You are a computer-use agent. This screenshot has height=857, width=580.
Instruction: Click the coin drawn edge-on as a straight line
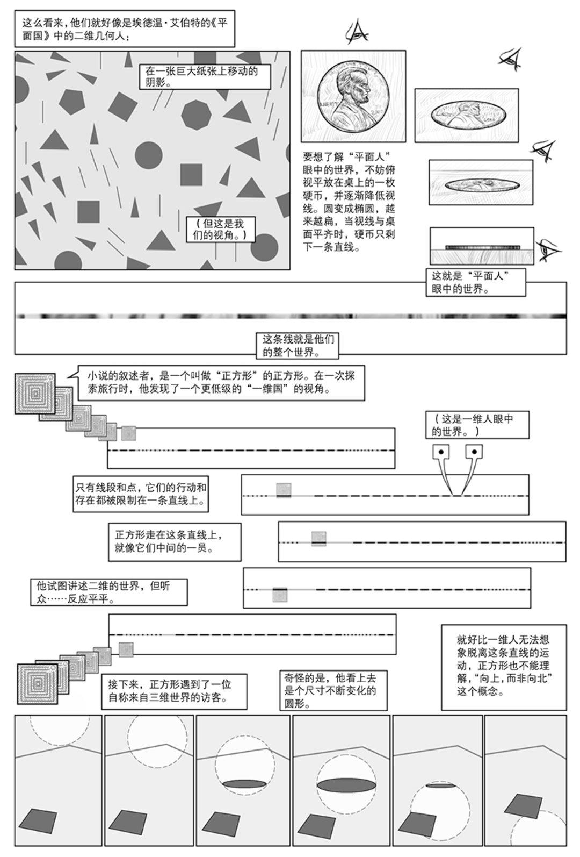tap(482, 247)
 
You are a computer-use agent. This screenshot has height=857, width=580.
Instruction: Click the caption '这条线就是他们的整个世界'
tap(298, 346)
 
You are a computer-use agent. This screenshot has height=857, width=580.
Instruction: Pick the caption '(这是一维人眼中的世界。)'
tap(477, 425)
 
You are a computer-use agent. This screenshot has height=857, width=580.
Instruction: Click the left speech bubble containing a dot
tap(440, 452)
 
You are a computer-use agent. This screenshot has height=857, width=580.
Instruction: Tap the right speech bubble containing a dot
tap(473, 452)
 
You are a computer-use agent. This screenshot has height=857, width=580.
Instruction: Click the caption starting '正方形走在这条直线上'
tap(174, 542)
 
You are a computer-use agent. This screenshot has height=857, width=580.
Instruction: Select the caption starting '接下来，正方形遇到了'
tap(174, 691)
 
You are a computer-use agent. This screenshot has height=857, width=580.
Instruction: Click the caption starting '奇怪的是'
tap(333, 690)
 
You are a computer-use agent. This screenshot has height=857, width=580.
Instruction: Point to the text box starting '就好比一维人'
tap(503, 666)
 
